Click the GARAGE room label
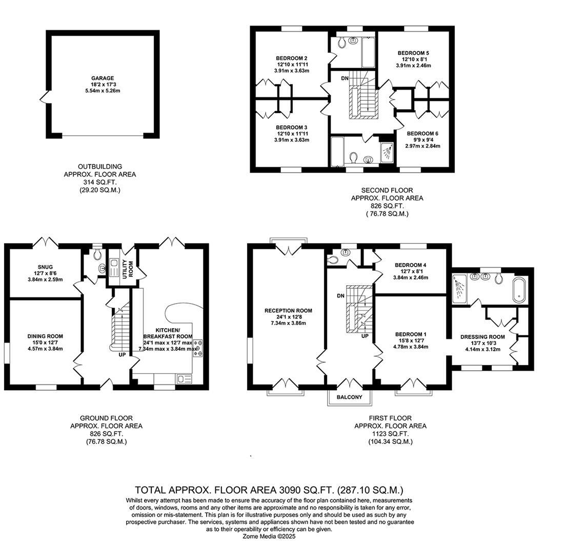[x=103, y=78]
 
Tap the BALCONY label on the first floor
[x=349, y=397]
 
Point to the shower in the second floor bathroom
[x=388, y=151]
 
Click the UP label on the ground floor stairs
[x=122, y=354]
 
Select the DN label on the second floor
[x=345, y=78]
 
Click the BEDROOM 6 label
[x=422, y=133]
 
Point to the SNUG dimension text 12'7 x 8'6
[x=45, y=273]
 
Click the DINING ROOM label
[x=45, y=336]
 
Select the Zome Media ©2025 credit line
[x=270, y=537]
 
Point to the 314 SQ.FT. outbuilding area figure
[x=99, y=182]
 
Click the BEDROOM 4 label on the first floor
[x=411, y=265]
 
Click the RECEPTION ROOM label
[x=288, y=310]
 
